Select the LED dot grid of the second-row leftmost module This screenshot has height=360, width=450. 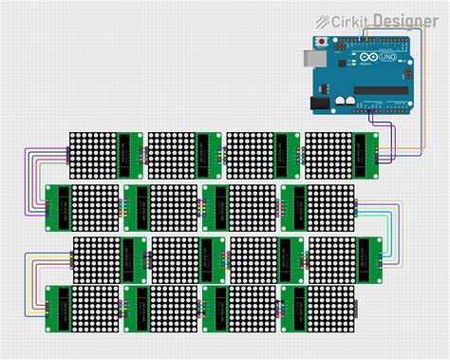point(95,207)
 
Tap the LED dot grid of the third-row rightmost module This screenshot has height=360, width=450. point(331,258)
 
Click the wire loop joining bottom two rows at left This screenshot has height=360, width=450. point(33,283)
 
